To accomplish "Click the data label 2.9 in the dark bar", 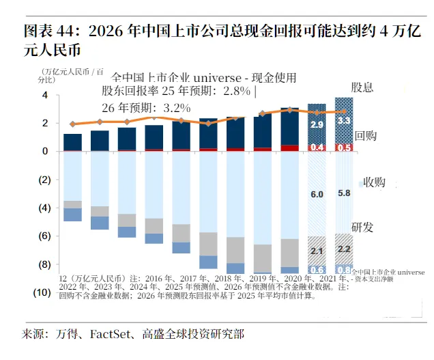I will click(x=317, y=125).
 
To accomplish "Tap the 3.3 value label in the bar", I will click(x=345, y=121).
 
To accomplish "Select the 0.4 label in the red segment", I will click(x=317, y=147).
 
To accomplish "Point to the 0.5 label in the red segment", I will click(x=345, y=147).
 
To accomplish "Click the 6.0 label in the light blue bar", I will click(x=317, y=195).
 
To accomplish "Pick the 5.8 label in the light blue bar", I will click(x=345, y=193).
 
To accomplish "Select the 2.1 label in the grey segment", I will click(x=317, y=251).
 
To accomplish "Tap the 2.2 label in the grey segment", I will click(x=345, y=249).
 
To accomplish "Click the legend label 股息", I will click(x=362, y=87).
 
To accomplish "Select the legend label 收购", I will click(x=375, y=182).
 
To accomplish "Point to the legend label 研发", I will click(x=362, y=227).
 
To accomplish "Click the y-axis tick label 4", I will click(x=44, y=95).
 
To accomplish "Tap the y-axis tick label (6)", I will click(x=43, y=236).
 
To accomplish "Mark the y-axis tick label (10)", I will click(x=42, y=292).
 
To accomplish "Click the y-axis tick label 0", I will click(x=44, y=151).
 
